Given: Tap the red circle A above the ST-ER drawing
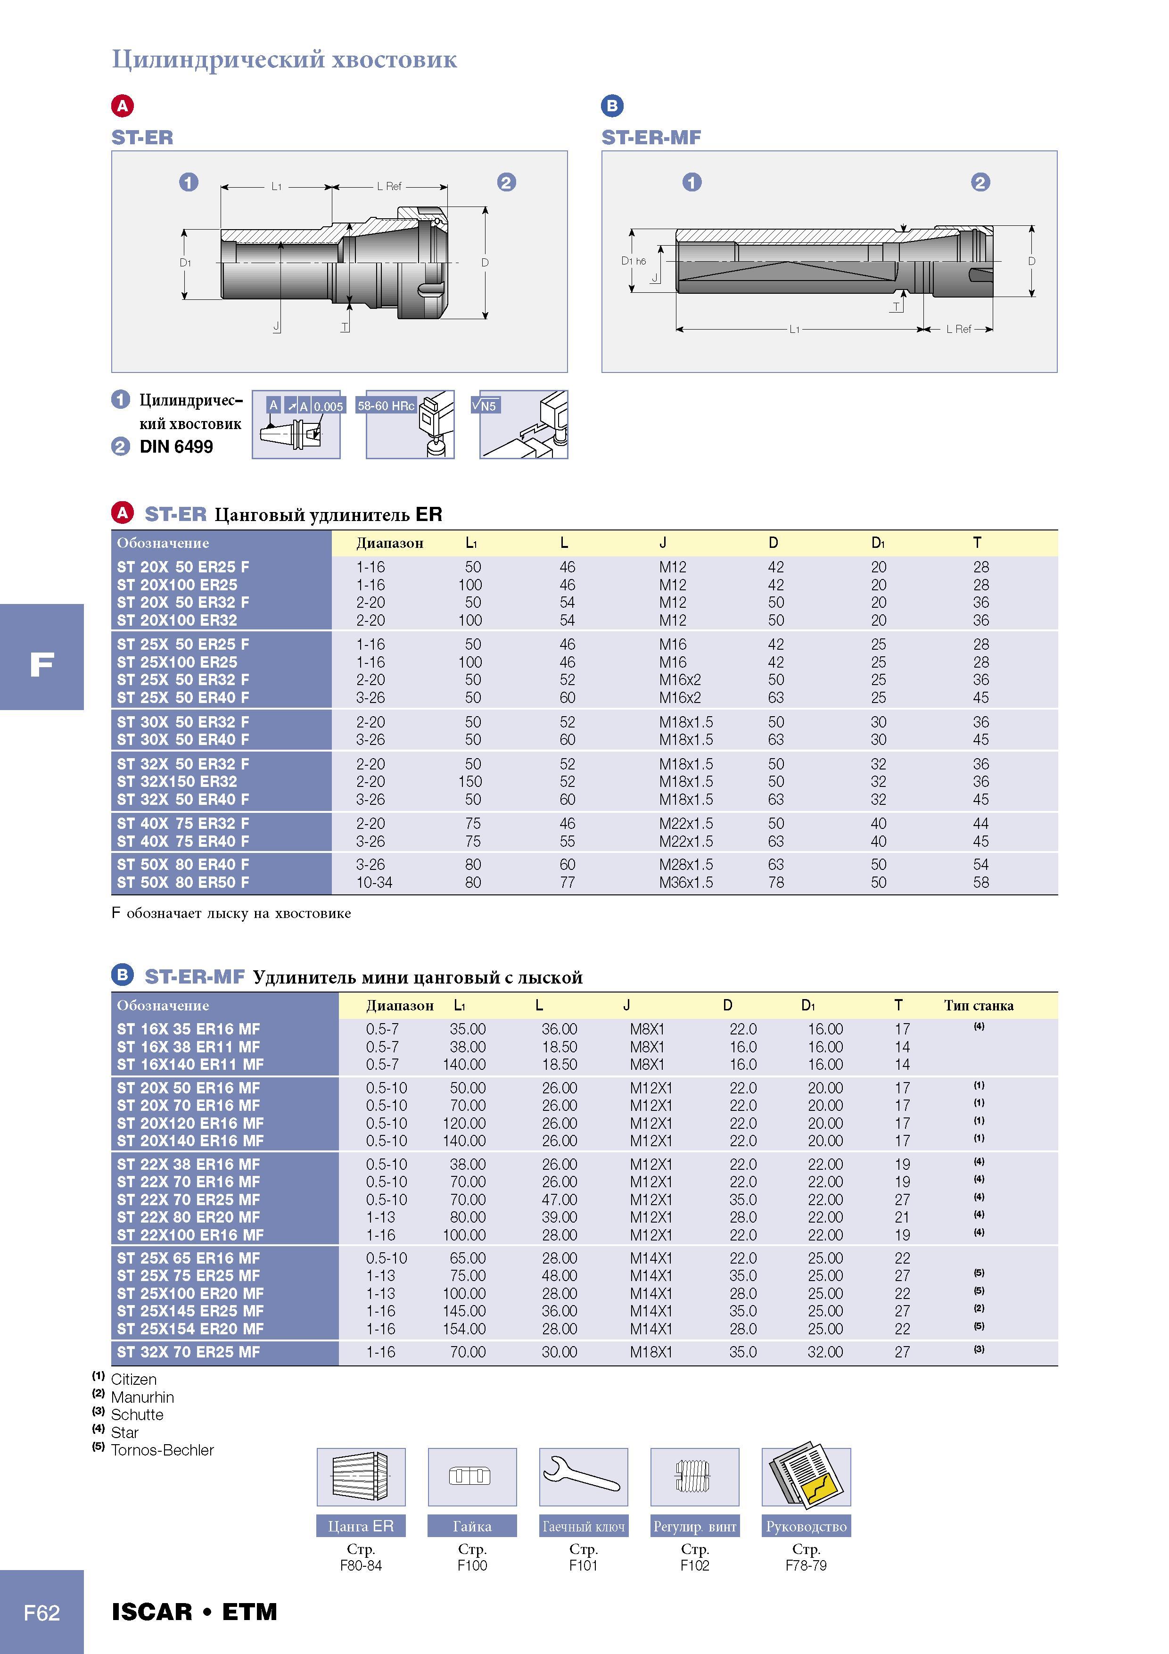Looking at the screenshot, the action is (123, 106).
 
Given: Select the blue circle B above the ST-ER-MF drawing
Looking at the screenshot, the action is (612, 106).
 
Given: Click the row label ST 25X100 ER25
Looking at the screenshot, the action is (177, 662).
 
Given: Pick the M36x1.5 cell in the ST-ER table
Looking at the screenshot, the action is (686, 883).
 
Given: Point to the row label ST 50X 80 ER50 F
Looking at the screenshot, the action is (183, 883).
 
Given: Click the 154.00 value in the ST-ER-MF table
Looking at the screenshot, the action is (464, 1328).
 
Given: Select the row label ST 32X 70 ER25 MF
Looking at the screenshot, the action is (188, 1352).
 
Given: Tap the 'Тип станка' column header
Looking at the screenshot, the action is (979, 1006).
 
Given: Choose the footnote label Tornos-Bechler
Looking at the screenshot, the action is (162, 1450).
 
